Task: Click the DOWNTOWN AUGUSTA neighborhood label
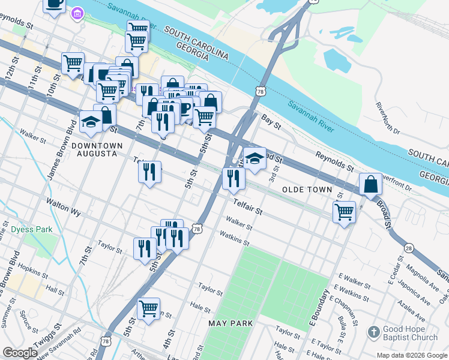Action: (96, 149)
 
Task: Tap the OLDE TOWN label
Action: (307, 190)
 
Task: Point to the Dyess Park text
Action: (31, 229)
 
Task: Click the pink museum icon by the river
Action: (77, 13)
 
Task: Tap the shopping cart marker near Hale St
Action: (148, 309)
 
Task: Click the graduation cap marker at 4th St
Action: (255, 159)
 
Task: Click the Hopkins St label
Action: (32, 268)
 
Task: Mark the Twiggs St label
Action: (50, 335)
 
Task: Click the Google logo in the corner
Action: (20, 353)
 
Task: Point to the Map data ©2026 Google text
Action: (412, 355)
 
